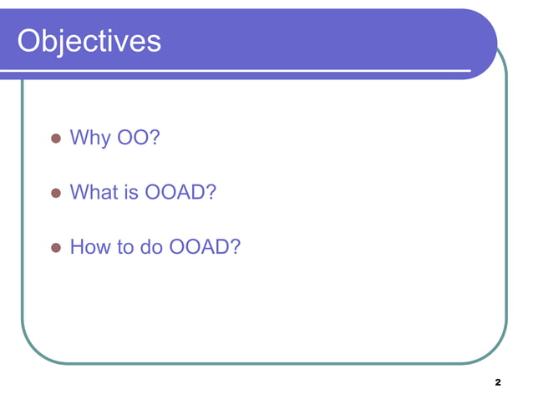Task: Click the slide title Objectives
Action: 89,40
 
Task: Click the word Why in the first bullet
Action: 89,137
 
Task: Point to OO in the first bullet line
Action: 132,137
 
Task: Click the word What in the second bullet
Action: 94,193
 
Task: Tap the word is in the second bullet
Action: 131,193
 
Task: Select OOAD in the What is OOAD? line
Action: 175,193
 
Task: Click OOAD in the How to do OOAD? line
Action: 199,248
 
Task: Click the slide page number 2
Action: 498,382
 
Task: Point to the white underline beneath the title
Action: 251,69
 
